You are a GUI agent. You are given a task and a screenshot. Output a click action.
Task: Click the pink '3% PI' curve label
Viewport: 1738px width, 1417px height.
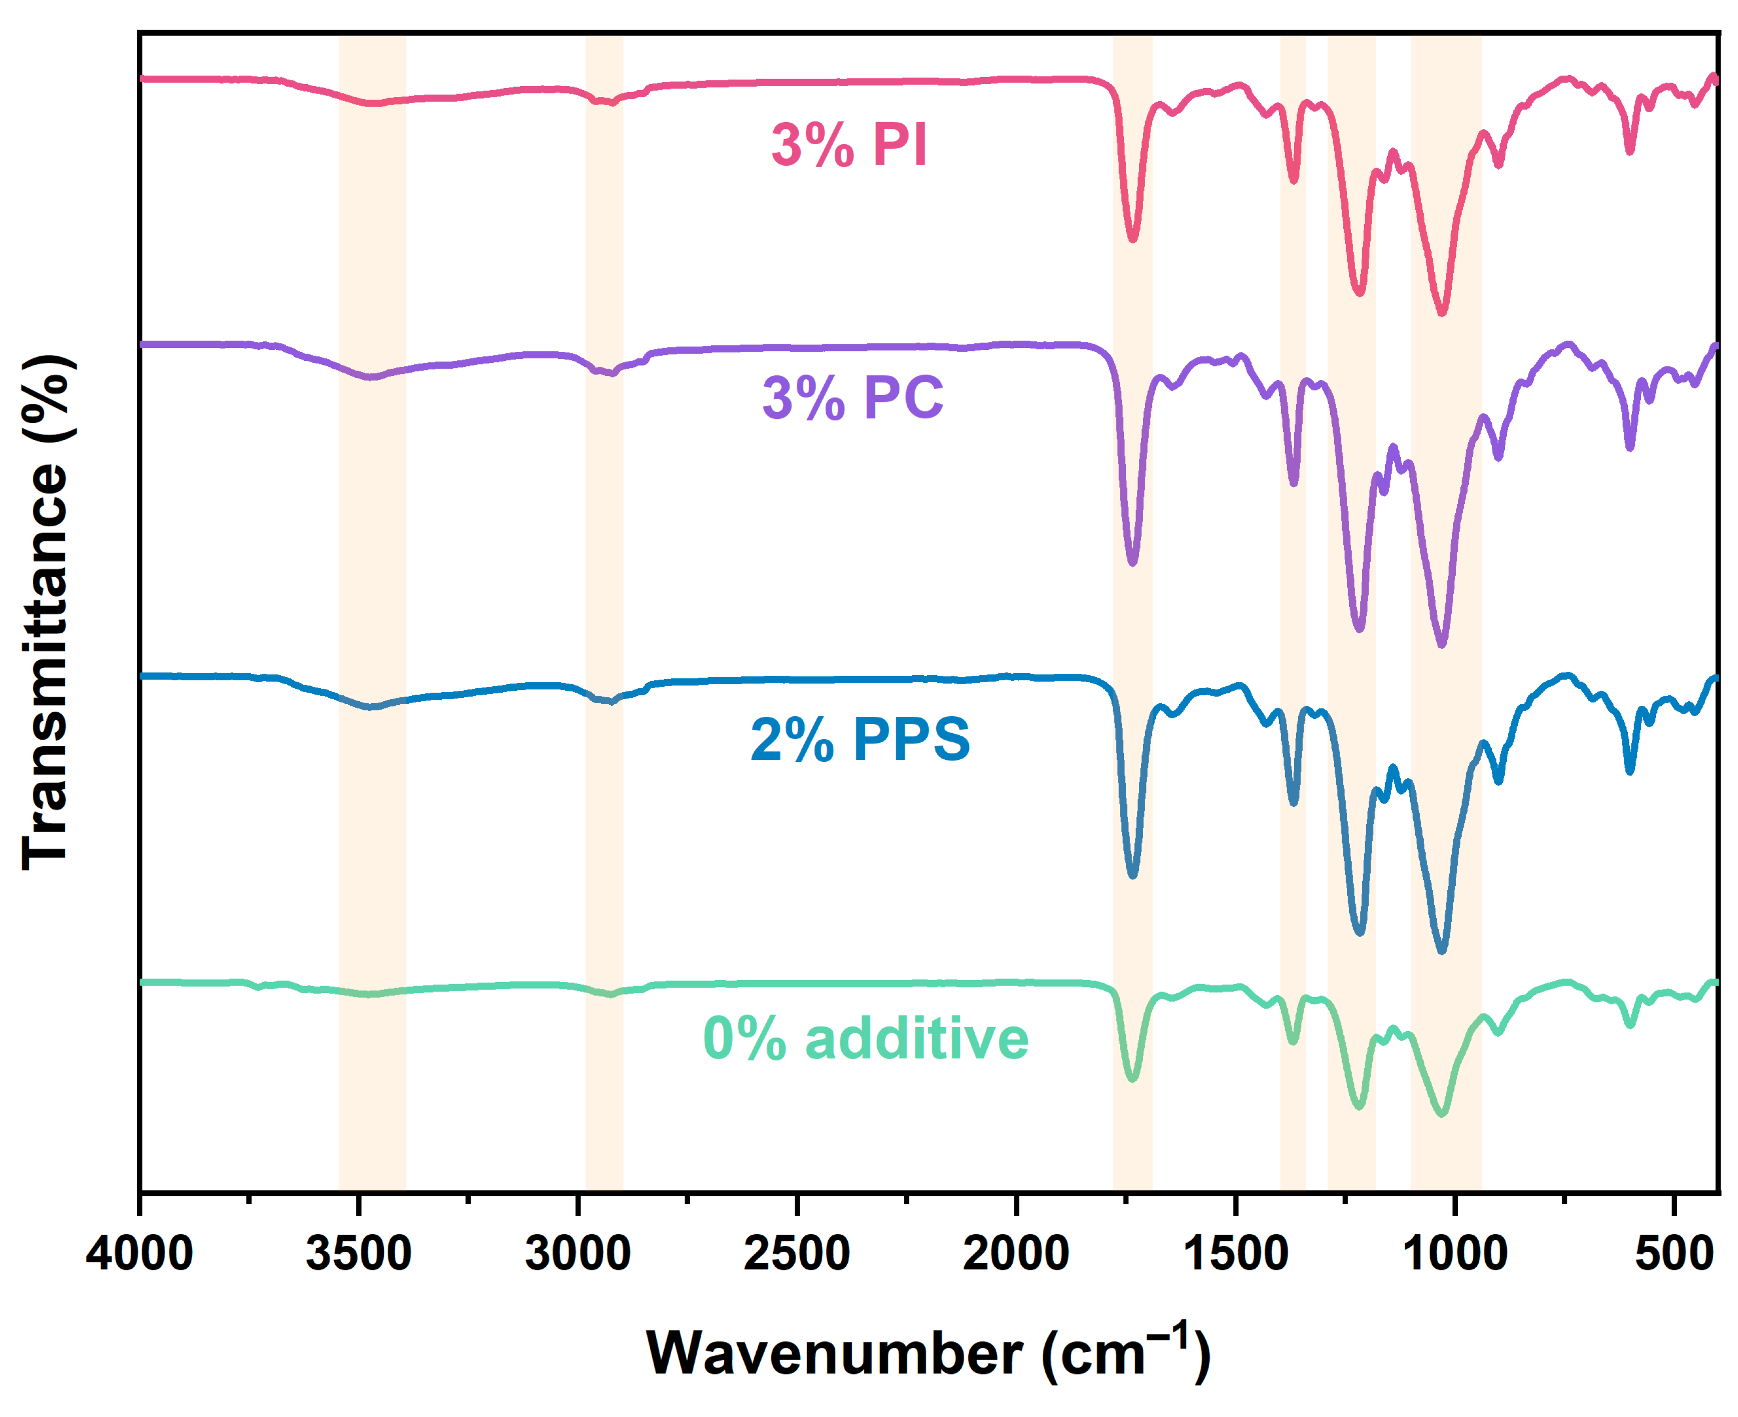click(849, 145)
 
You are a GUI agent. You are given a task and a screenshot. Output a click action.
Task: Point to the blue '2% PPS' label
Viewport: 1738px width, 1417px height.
click(860, 739)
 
